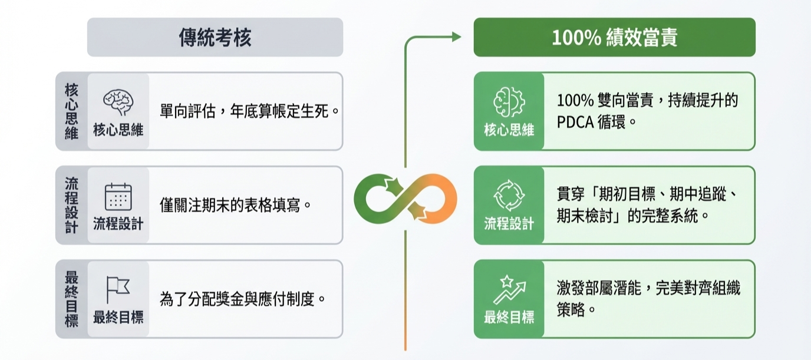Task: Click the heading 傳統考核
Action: click(x=215, y=38)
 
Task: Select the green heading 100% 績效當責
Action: click(x=614, y=38)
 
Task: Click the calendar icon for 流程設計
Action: click(x=118, y=197)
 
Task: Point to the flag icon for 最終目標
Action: click(x=118, y=289)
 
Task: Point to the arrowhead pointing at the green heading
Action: click(x=456, y=37)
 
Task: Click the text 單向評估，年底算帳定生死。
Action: click(x=250, y=111)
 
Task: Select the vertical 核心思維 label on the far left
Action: click(x=71, y=111)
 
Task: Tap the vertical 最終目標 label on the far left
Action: click(x=71, y=299)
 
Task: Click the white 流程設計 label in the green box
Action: click(x=509, y=223)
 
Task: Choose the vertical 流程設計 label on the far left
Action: click(x=71, y=205)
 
